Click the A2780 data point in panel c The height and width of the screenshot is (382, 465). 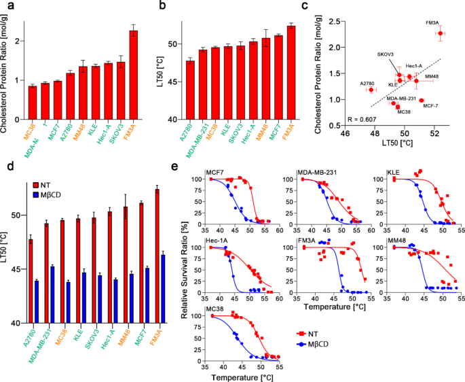click(x=371, y=90)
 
